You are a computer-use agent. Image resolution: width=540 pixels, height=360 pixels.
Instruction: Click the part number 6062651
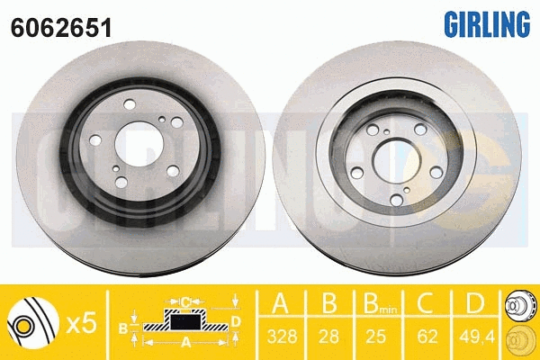coord(60,28)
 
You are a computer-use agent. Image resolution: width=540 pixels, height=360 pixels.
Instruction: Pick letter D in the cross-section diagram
coord(236,319)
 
